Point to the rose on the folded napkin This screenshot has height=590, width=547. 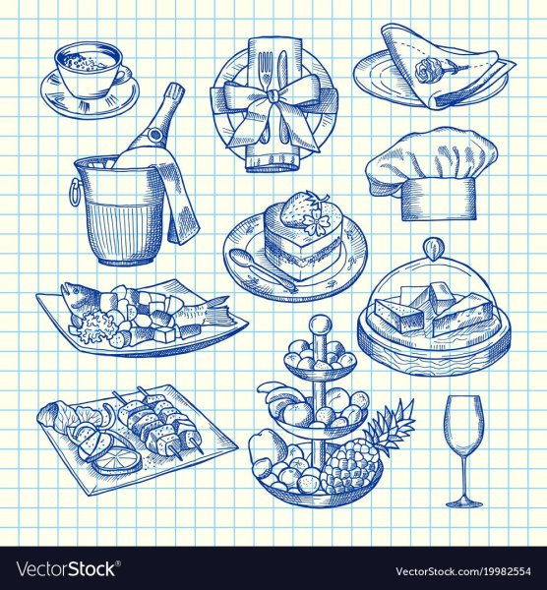[x=427, y=71]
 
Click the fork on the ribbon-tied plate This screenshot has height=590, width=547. [x=267, y=77]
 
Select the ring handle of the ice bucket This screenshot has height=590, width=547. [x=73, y=189]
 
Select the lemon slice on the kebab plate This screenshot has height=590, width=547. [x=118, y=459]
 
